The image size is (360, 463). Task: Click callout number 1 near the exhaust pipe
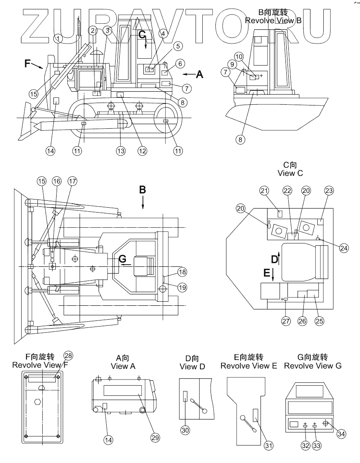[x=58, y=38]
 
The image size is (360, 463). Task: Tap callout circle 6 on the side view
[x=180, y=64]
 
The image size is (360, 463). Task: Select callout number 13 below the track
[x=121, y=151]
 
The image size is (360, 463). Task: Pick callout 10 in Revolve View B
[x=239, y=57]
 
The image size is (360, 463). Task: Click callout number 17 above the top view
[x=72, y=181]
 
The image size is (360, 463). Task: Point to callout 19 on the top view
[x=182, y=287]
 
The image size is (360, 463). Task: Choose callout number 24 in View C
[x=344, y=248]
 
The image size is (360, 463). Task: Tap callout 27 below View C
[x=286, y=320]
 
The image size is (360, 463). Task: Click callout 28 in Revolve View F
[x=68, y=356]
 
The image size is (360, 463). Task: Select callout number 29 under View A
[x=155, y=437]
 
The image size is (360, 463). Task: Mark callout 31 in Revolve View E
[x=268, y=445]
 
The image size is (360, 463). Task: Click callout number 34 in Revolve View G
[x=341, y=434]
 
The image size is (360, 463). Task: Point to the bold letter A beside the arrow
[x=200, y=74]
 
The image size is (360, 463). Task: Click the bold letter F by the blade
[x=27, y=63]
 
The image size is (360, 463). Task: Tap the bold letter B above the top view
[x=143, y=190]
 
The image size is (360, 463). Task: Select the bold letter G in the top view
[x=122, y=259]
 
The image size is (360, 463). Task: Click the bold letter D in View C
[x=274, y=259]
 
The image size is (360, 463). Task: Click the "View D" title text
[x=192, y=367]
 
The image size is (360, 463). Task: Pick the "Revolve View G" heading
[x=313, y=366]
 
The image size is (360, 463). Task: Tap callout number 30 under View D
[x=185, y=430]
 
